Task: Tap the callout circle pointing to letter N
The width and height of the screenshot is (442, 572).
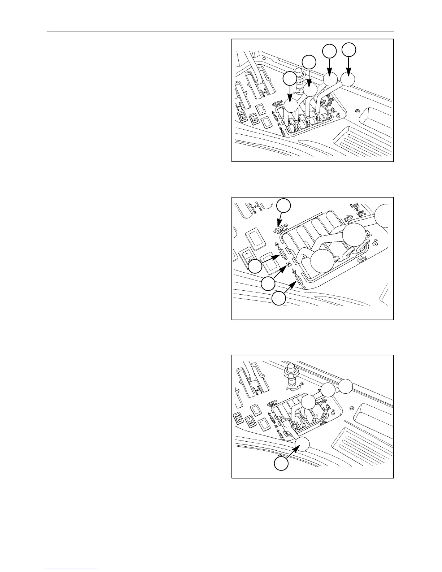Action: click(x=268, y=284)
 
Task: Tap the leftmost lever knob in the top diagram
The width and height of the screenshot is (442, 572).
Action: click(x=291, y=105)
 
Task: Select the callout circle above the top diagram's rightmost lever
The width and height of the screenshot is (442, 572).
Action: click(x=349, y=50)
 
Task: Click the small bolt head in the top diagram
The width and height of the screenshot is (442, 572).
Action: click(x=357, y=110)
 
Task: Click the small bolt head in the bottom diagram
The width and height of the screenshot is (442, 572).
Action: click(x=351, y=408)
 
